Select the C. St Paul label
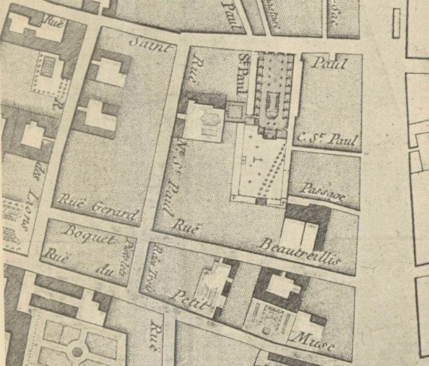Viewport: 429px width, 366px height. pos(327,139)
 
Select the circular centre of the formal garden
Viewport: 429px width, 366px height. pos(77,351)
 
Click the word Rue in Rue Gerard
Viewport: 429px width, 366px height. pos(67,200)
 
